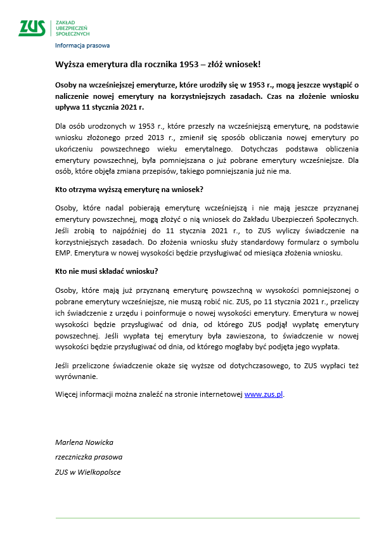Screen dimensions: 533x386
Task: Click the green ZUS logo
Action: [32, 28]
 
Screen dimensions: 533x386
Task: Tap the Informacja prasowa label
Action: [82, 46]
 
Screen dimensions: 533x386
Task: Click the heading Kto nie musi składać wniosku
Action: [106, 271]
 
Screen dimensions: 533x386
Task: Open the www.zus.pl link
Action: [264, 394]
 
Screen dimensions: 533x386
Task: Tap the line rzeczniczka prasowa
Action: [89, 456]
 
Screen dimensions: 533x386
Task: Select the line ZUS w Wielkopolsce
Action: [87, 472]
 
